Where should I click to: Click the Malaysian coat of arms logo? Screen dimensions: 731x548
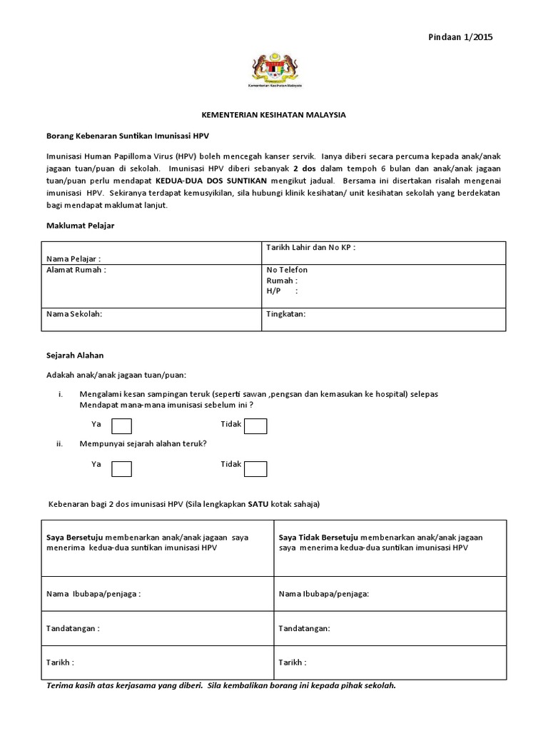[276, 69]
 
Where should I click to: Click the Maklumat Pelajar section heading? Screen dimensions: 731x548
[81, 226]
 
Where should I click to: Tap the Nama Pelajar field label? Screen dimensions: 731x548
[73, 258]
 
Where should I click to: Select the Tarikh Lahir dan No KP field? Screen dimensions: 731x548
[310, 247]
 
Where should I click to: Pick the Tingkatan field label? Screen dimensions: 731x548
[286, 314]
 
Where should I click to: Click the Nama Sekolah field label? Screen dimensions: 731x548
[74, 314]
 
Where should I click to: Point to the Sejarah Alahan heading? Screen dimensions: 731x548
[76, 355]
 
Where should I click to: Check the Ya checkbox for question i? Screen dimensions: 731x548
[122, 426]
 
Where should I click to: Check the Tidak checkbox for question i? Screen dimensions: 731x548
[255, 426]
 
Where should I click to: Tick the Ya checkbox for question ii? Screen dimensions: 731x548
[122, 468]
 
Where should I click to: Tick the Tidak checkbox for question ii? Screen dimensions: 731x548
[255, 468]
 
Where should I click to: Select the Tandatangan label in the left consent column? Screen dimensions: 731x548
[73, 628]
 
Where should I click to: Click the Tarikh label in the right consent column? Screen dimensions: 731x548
[293, 662]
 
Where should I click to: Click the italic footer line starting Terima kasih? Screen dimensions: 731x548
[220, 685]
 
